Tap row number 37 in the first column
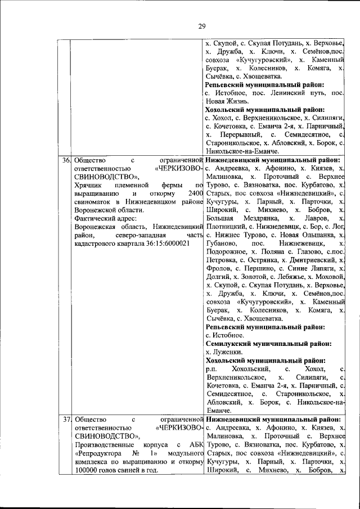pos(66,419)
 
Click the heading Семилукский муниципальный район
pos(268,343)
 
